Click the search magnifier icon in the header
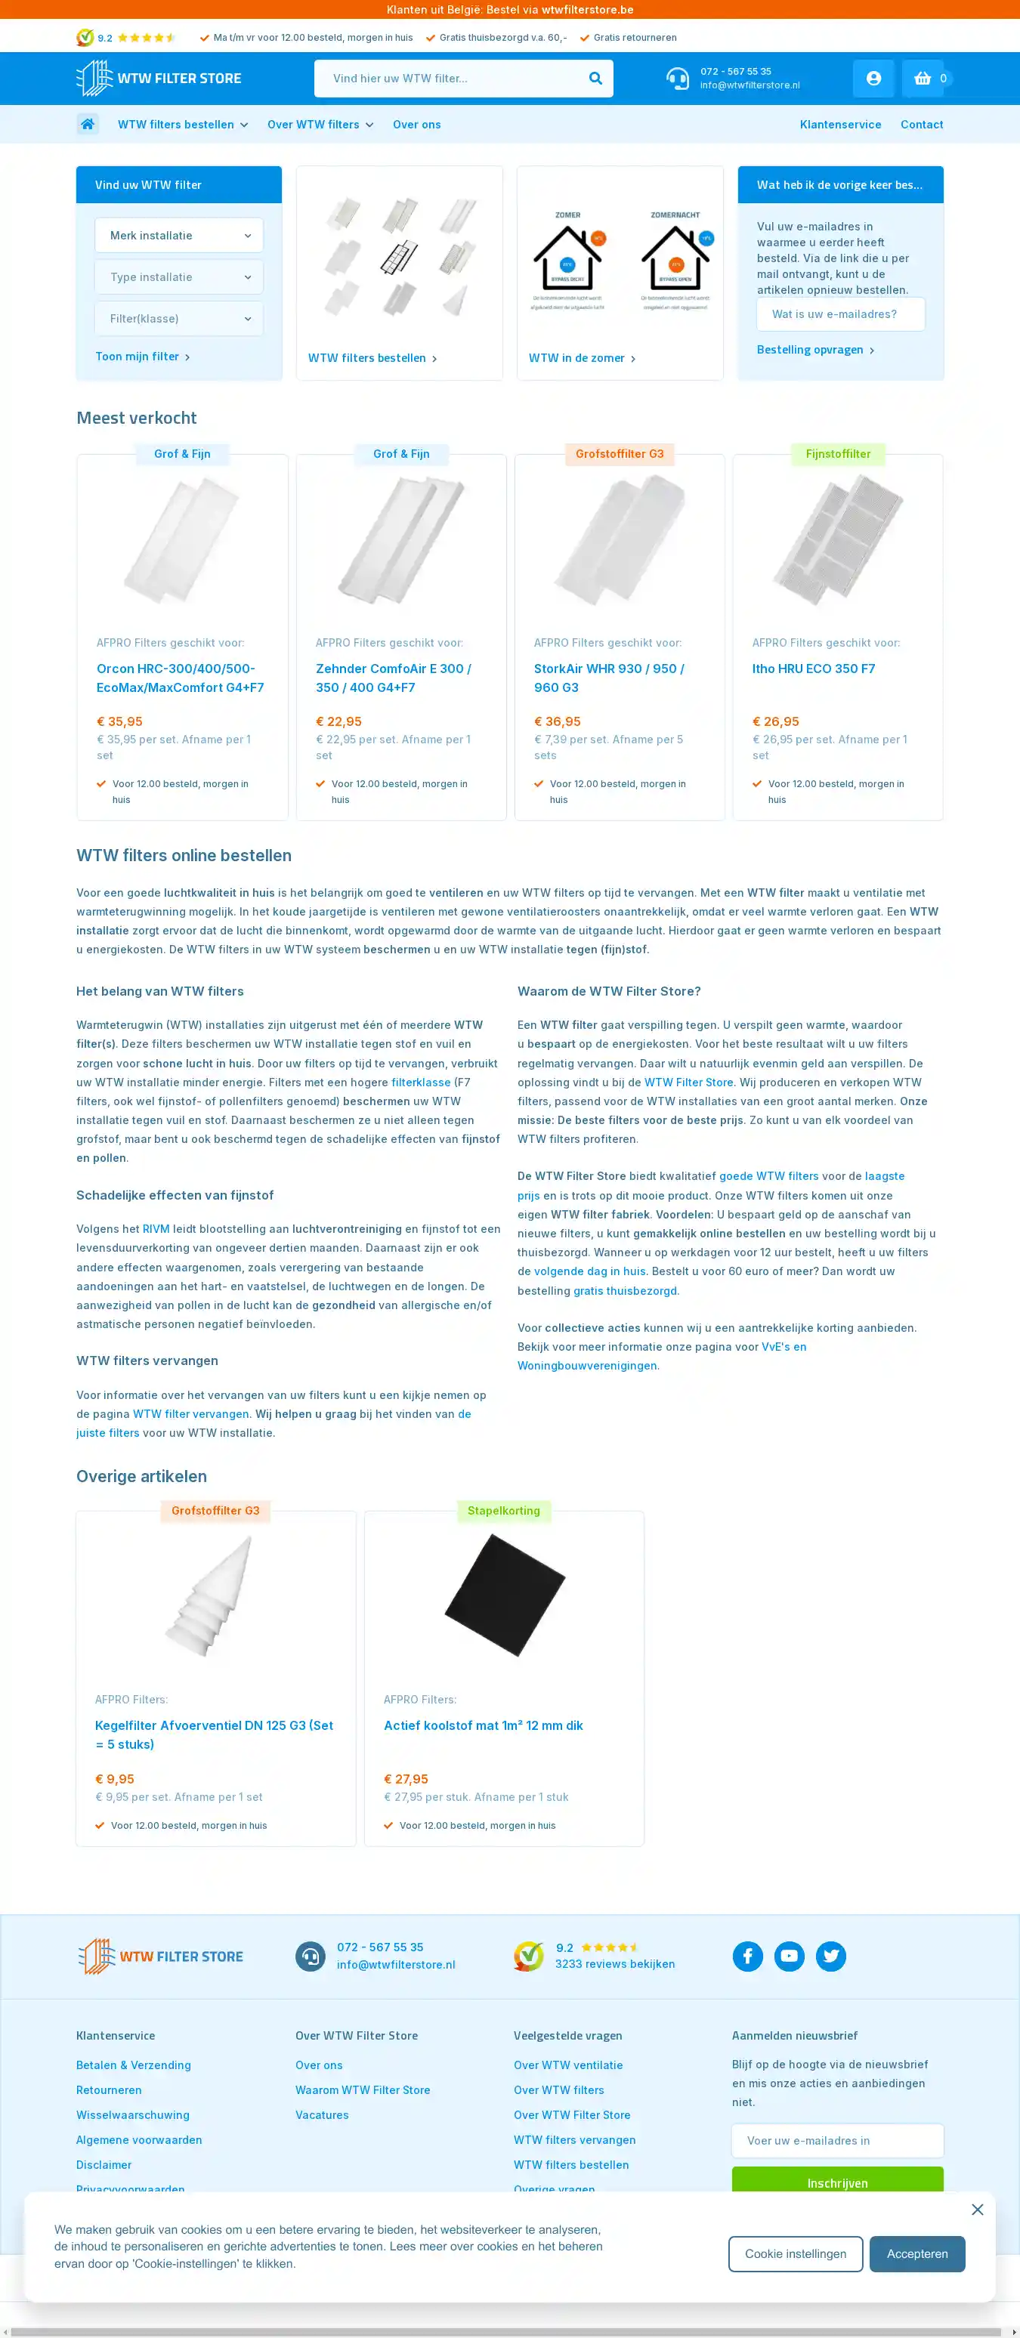pos(595,78)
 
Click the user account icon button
pos(873,78)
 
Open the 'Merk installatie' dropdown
pos(179,235)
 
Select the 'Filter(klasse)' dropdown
pos(179,319)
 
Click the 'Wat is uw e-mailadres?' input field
pos(840,314)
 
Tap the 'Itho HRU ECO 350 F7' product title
pos(813,669)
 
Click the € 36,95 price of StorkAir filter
pos(557,721)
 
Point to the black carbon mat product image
pos(505,1595)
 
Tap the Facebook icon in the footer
pos(748,1956)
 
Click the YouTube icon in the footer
pos(789,1956)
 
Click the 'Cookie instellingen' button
pos(795,2253)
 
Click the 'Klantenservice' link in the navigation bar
pos(840,125)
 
